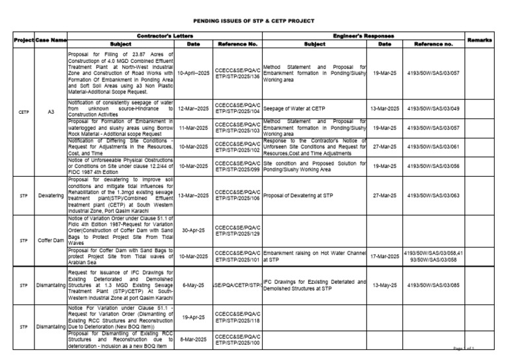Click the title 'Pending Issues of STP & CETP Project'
pos(253,21)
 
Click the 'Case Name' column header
pos(51,40)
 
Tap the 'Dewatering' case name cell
pos(51,196)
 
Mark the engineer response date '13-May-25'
pos(384,286)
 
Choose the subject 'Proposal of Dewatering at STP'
pos(306,196)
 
